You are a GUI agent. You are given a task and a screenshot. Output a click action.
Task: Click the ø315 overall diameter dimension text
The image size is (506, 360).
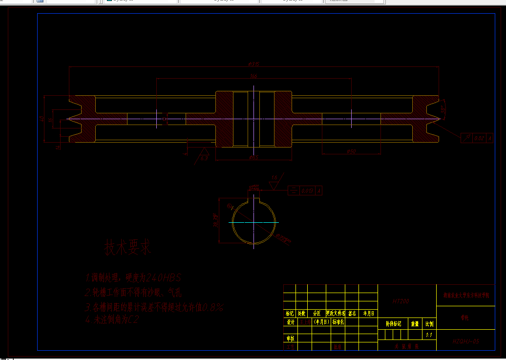(x=253, y=64)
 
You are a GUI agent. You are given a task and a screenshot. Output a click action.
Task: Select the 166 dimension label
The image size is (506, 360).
(x=253, y=76)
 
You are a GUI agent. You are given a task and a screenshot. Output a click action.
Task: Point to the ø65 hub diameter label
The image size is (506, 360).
(x=253, y=158)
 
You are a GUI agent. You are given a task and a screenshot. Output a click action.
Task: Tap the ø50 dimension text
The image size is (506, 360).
(x=351, y=151)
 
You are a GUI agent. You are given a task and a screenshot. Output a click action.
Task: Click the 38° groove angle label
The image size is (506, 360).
(x=443, y=110)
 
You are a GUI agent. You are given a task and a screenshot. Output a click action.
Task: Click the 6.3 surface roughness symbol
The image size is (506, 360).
(x=204, y=158)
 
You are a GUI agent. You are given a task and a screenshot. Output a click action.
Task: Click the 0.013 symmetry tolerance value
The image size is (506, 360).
(x=308, y=191)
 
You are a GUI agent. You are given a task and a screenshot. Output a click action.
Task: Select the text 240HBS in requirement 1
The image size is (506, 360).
(x=164, y=278)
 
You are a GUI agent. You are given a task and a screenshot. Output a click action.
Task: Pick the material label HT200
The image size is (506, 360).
(x=401, y=301)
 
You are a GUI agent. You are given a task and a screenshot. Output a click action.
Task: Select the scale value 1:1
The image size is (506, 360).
(x=430, y=335)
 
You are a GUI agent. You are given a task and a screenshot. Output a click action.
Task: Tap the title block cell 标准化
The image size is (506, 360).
(x=338, y=322)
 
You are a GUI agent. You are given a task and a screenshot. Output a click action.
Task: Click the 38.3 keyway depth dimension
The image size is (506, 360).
(x=215, y=220)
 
